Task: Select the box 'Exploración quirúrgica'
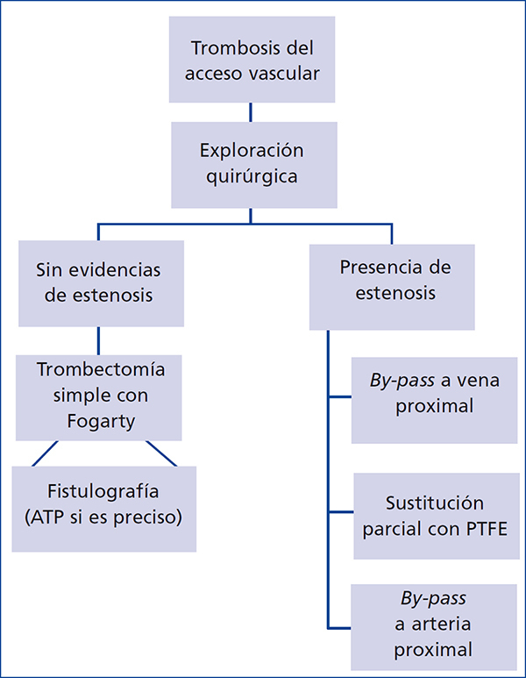tap(252, 164)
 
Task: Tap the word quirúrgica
tap(252, 175)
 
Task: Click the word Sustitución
tap(435, 503)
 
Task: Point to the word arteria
tap(436, 626)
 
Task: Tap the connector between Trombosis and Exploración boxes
tap(252, 111)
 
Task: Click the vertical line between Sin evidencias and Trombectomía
tap(98, 340)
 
